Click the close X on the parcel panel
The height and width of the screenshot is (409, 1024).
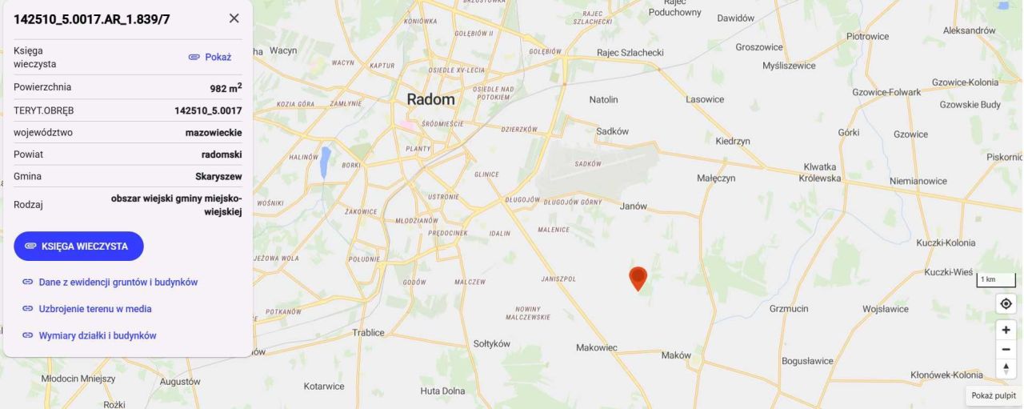[x=234, y=18]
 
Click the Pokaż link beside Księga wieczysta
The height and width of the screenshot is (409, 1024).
[x=210, y=57]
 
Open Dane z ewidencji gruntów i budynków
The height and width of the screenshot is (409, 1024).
[x=118, y=282]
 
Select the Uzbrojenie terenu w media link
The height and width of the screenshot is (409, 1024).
[x=94, y=308]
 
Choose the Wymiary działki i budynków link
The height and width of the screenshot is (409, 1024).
[x=97, y=335]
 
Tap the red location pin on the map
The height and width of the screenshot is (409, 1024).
[x=638, y=278]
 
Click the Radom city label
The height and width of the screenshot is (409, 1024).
[x=430, y=100]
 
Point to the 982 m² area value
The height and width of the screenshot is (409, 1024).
[x=226, y=87]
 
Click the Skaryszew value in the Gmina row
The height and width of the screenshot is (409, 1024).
[x=218, y=176]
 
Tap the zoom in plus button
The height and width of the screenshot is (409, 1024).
[x=1006, y=330]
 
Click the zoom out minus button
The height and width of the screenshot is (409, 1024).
[x=1006, y=349]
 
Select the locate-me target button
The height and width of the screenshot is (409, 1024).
[x=1006, y=303]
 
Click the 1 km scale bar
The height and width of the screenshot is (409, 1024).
[x=995, y=280]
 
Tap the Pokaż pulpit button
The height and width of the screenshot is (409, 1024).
[x=994, y=395]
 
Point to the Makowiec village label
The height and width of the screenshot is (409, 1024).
[x=597, y=347]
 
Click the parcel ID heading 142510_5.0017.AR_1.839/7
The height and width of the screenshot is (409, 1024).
[x=92, y=19]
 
